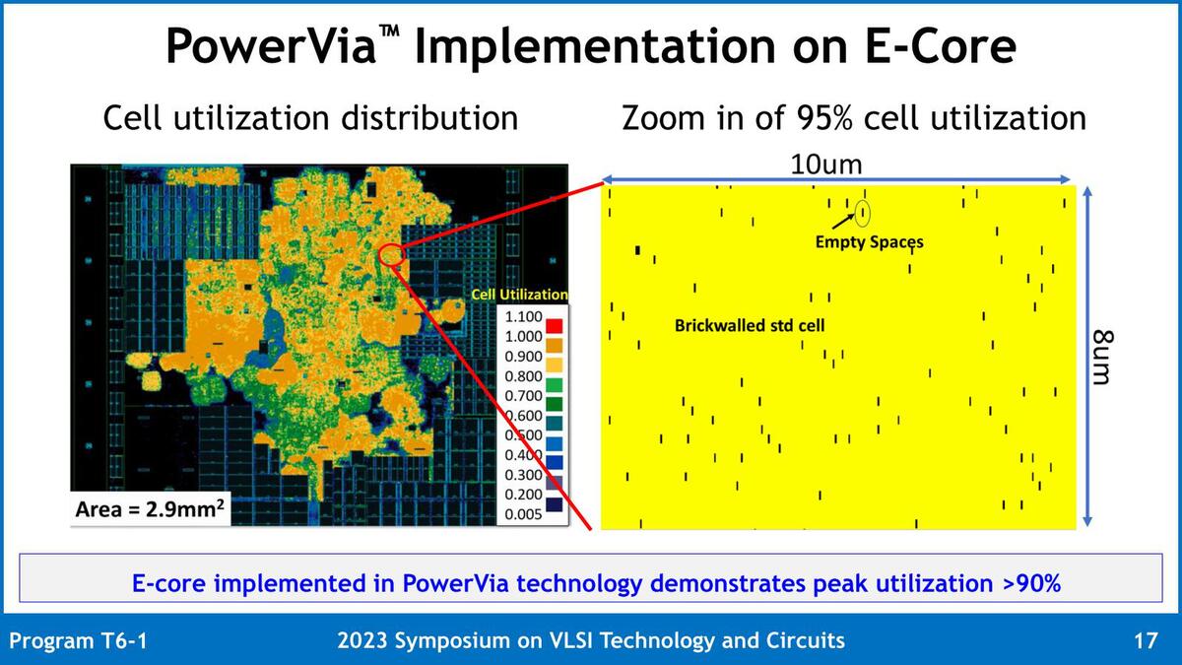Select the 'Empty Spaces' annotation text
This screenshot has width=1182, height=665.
tap(869, 240)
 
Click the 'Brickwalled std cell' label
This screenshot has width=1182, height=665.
tap(750, 324)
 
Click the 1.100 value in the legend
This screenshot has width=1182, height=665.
tap(521, 318)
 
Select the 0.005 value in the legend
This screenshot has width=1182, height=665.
tap(521, 511)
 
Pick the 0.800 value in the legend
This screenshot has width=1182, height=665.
tap(521, 375)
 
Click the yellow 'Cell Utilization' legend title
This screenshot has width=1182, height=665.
tap(519, 294)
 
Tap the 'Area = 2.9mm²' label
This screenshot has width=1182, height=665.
tap(150, 510)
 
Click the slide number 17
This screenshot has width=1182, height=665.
tap(1145, 641)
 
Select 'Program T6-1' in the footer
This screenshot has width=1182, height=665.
tap(79, 641)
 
